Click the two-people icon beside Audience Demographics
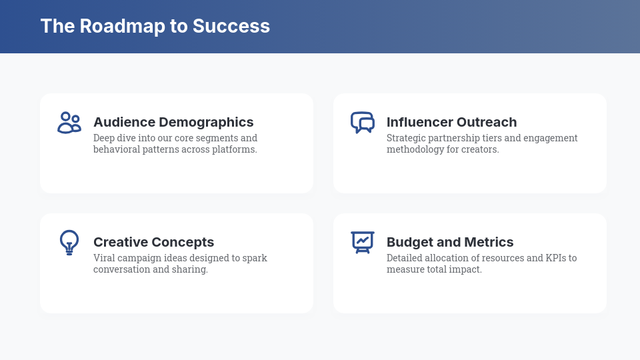(x=69, y=123)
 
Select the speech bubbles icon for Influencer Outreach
(x=363, y=123)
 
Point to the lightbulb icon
(x=69, y=243)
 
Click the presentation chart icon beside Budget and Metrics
(x=363, y=242)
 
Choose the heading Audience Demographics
(x=173, y=122)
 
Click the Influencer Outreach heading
(x=451, y=122)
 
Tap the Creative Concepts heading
(x=153, y=242)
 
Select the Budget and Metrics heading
(x=450, y=242)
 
